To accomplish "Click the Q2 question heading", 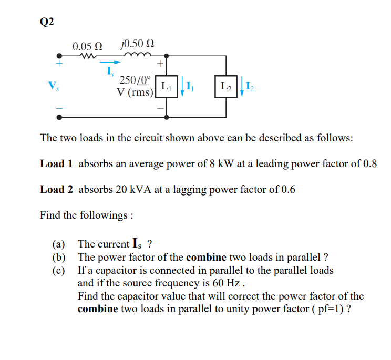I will click(x=47, y=22).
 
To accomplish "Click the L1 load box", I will click(x=166, y=86).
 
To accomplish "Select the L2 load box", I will click(x=225, y=86).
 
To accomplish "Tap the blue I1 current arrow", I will click(x=181, y=86).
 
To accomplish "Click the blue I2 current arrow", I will click(x=241, y=86).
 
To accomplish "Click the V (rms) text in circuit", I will click(x=135, y=92).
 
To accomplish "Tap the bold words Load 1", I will click(x=56, y=163).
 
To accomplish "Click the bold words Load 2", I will click(x=56, y=189).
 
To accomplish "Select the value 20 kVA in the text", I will click(x=129, y=189).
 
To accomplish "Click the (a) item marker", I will click(x=58, y=244).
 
